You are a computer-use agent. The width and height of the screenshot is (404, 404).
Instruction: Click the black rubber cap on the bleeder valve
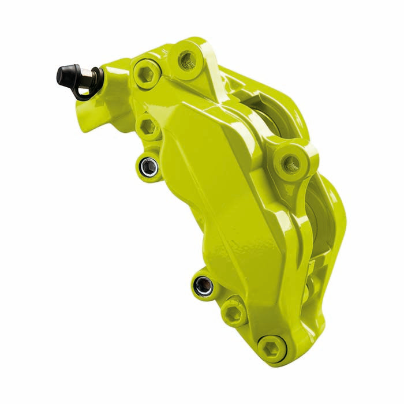(66, 74)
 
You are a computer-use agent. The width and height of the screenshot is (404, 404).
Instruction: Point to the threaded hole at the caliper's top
(187, 58)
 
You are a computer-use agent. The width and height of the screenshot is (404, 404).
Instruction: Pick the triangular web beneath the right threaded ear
(300, 190)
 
